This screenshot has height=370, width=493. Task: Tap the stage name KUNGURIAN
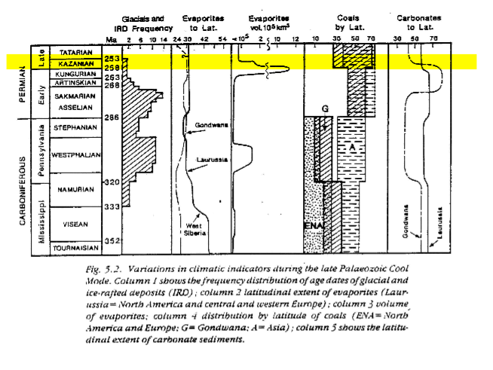coord(75,75)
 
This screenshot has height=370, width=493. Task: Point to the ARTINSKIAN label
coord(74,84)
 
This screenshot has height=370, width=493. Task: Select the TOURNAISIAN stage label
coord(75,246)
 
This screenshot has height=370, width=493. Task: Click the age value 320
coord(112,182)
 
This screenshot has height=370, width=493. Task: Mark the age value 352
coord(112,241)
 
